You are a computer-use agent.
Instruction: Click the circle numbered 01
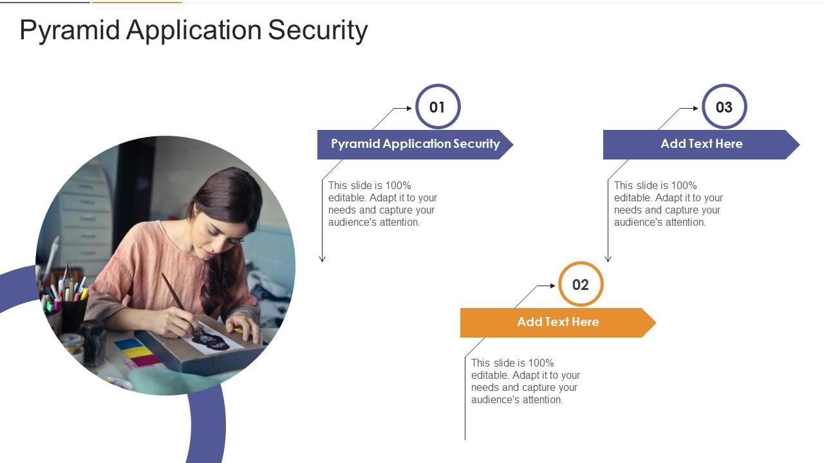[x=438, y=107]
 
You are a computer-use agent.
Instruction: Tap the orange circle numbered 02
[x=581, y=284]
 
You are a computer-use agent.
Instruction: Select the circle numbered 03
[x=724, y=107]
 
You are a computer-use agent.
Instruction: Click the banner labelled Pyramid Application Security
[x=415, y=144]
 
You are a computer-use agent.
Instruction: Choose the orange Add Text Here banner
[x=557, y=322]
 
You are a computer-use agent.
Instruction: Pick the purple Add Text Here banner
[x=701, y=144]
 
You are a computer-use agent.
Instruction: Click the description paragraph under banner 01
[x=382, y=204]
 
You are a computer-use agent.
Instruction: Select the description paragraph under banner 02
[x=525, y=381]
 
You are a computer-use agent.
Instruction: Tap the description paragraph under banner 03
[x=668, y=204]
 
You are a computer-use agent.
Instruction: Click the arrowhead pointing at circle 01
[x=409, y=108]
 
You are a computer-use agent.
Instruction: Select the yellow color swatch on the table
[x=136, y=352]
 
